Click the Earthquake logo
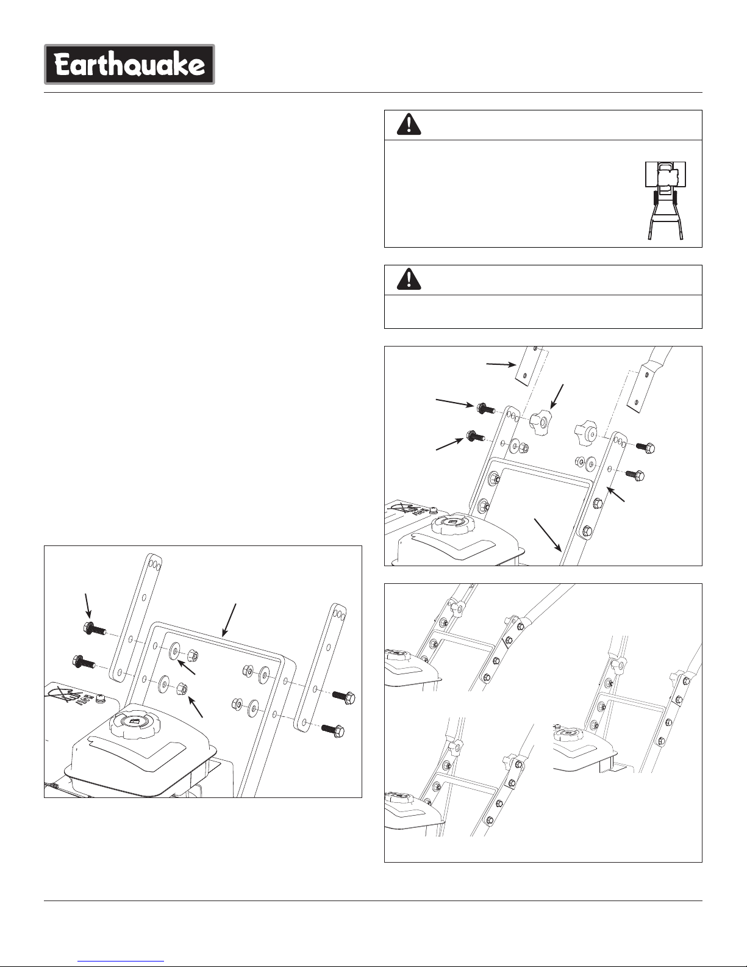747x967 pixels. [x=129, y=65]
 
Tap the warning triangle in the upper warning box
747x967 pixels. [x=409, y=124]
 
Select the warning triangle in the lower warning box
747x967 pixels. [x=409, y=279]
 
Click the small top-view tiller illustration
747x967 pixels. [x=665, y=201]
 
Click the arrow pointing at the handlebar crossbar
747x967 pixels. [x=229, y=619]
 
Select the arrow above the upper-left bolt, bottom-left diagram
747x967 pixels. [x=88, y=605]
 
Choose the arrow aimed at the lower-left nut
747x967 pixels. [x=196, y=706]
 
